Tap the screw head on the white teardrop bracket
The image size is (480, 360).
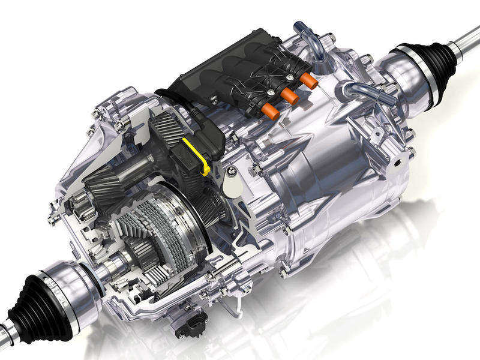(231, 173)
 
